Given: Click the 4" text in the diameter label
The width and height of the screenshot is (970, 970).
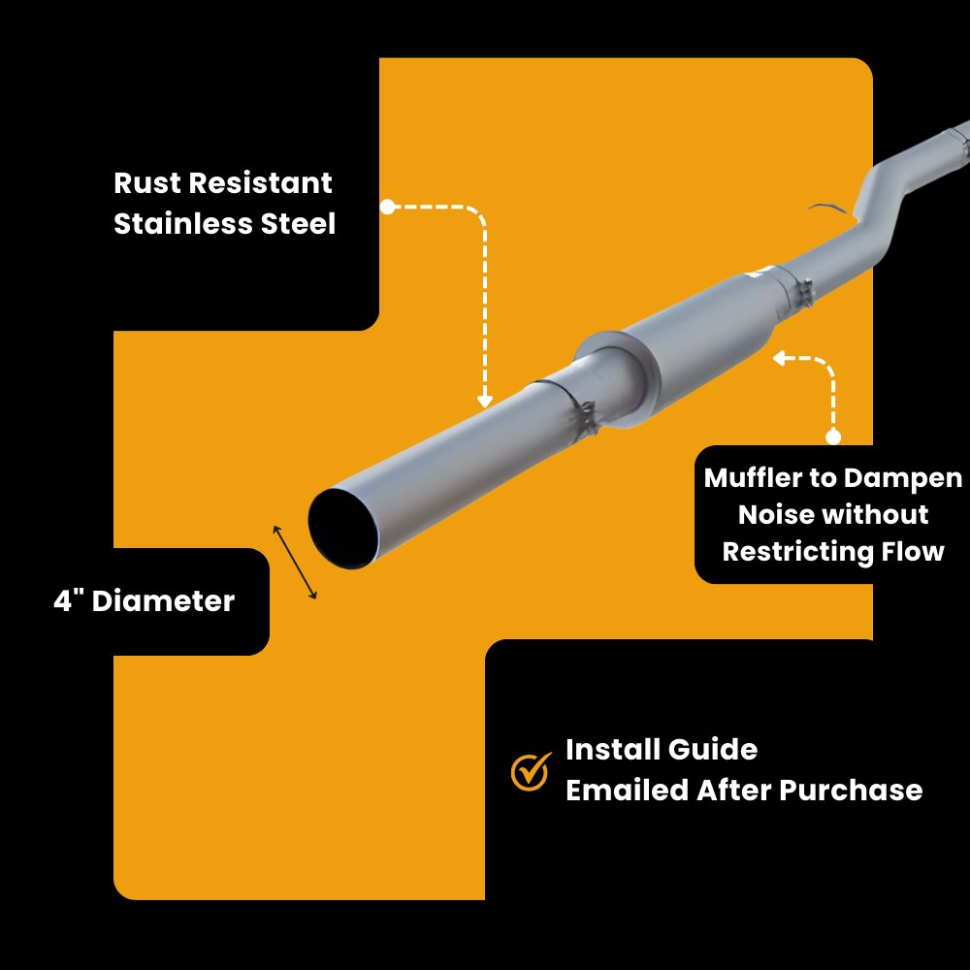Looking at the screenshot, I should point(68,601).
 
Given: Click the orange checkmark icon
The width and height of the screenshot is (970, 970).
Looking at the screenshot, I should point(530,771).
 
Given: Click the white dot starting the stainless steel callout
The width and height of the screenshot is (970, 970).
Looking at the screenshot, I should point(386,207).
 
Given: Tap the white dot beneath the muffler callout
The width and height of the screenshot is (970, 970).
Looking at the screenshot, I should point(832,436).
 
